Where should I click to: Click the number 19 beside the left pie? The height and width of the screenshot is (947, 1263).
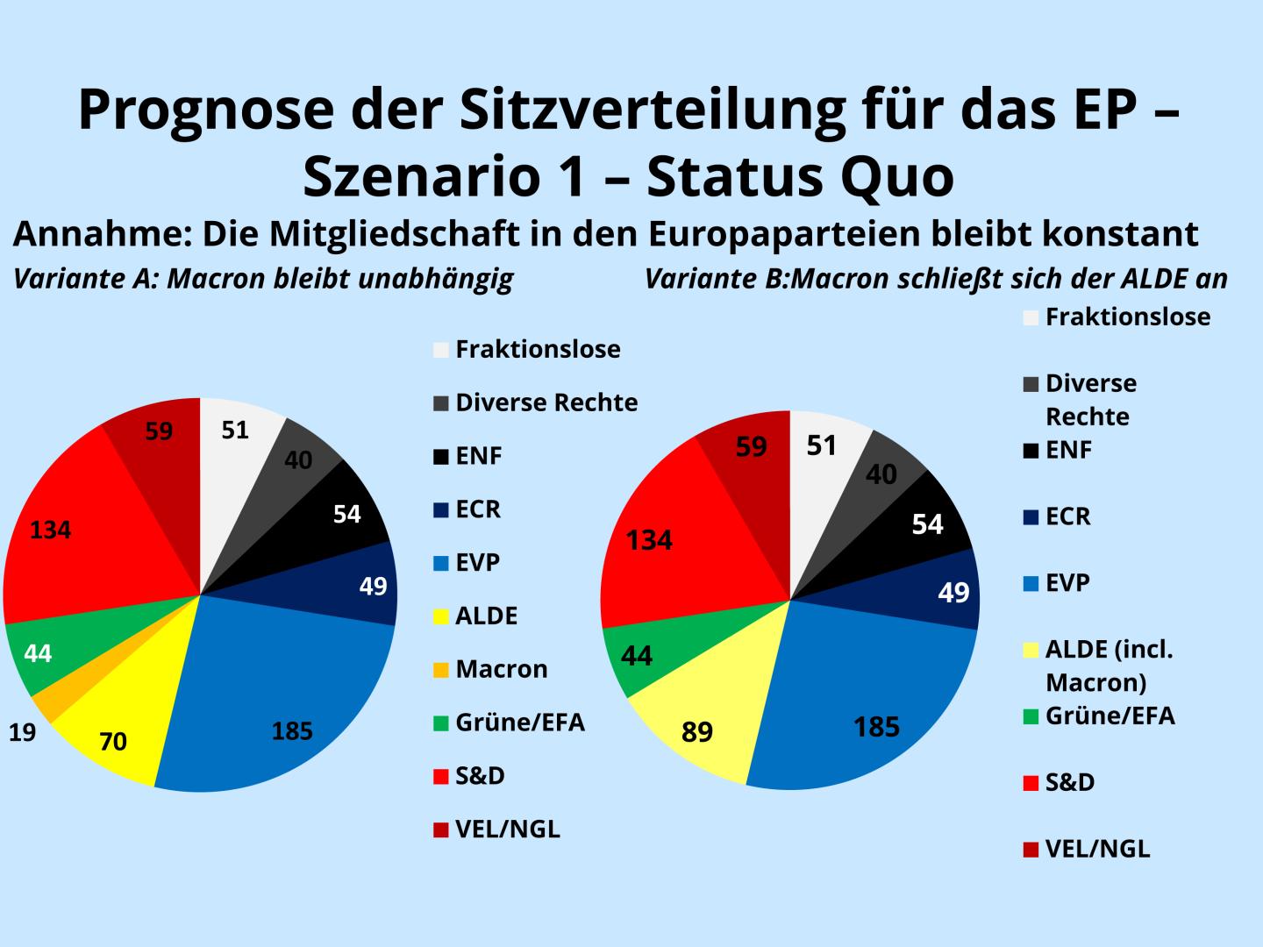22,733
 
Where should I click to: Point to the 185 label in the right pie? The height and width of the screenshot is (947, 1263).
877,727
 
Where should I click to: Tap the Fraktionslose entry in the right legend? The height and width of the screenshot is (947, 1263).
1128,317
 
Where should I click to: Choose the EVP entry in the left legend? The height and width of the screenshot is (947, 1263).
478,562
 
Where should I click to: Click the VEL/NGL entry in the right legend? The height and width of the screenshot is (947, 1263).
1097,849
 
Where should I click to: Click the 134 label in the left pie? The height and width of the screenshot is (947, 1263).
51,530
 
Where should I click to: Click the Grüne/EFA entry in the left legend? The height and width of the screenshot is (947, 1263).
520,723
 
